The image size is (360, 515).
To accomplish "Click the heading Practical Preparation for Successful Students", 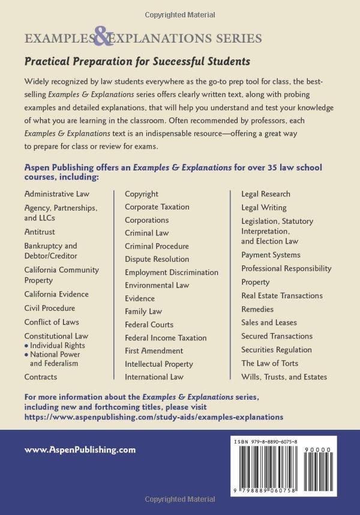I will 137,61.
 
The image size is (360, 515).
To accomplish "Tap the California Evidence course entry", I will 56,294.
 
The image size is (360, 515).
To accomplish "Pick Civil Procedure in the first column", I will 50,308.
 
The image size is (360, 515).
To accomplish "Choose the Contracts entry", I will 41,377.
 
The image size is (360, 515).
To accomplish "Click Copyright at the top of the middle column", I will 142,194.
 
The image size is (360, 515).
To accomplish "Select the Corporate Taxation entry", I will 157,207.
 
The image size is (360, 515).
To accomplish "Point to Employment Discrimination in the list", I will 172,273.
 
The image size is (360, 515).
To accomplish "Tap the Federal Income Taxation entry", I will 166,338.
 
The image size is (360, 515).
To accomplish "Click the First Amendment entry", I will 154,351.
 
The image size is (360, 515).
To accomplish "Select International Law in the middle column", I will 154,377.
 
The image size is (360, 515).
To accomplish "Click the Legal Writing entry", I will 264,208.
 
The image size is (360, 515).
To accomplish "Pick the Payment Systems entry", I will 271,255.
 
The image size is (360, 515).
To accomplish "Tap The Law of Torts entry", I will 269,363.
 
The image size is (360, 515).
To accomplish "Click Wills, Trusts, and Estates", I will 284,377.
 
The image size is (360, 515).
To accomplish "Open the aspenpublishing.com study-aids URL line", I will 154,415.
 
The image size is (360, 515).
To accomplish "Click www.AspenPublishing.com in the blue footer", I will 80,449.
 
